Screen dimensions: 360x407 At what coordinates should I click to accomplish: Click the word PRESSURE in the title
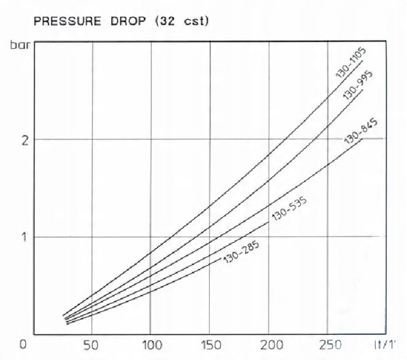pos(63,21)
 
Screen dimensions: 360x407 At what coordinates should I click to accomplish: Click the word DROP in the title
pos(125,21)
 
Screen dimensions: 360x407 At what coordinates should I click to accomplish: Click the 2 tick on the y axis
pos(24,140)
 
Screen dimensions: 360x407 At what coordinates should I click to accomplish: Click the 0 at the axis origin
pos(24,344)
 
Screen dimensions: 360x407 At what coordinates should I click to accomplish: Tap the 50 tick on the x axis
pos(91,344)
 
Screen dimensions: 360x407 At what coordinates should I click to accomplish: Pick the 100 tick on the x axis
pos(150,344)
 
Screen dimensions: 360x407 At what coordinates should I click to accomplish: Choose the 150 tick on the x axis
pos(210,344)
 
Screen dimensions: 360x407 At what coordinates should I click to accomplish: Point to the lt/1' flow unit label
pos(382,344)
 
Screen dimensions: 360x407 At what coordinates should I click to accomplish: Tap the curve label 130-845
pos(362,132)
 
